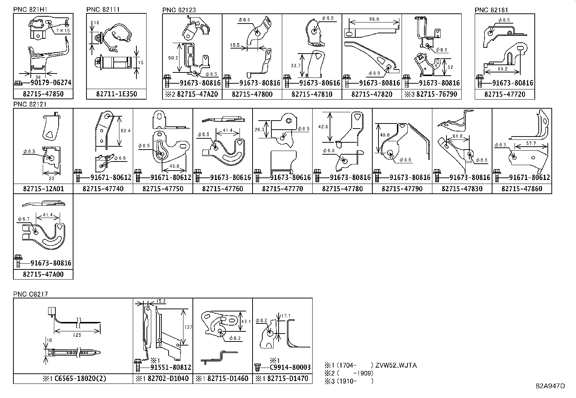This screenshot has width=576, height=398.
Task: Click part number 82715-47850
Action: pyautogui.click(x=43, y=94)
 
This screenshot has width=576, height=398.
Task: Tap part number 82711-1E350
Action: pyautogui.click(x=117, y=94)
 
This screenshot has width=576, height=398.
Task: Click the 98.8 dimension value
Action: pyautogui.click(x=375, y=19)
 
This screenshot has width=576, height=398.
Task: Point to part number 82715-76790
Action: pyautogui.click(x=437, y=94)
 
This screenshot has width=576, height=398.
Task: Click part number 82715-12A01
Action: pyautogui.click(x=43, y=189)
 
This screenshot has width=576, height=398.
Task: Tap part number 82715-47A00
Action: pyautogui.click(x=43, y=275)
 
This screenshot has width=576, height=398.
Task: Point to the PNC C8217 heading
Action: pyautogui.click(x=30, y=294)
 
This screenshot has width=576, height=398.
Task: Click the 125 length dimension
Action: pyautogui.click(x=77, y=335)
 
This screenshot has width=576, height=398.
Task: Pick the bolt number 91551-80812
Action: pyautogui.click(x=171, y=368)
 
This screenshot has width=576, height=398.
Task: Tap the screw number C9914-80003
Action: pyautogui.click(x=290, y=368)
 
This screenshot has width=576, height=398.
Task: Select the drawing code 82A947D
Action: pyautogui.click(x=550, y=386)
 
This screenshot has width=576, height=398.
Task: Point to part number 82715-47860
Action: pyautogui.click(x=522, y=189)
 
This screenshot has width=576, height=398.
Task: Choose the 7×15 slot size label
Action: pyautogui.click(x=63, y=31)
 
